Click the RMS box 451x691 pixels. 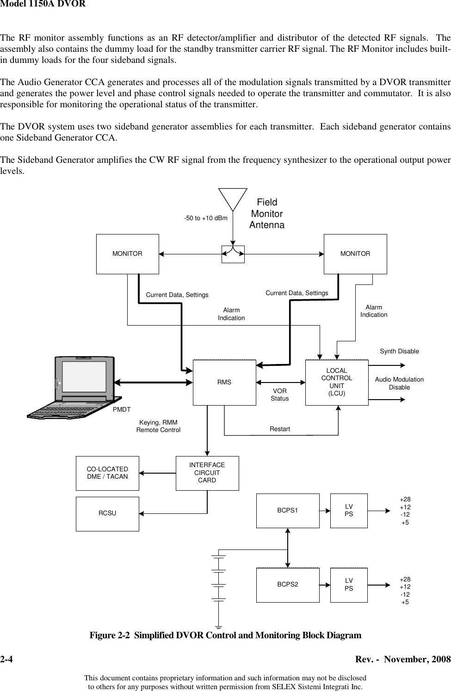point(224,383)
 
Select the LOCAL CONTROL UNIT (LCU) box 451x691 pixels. point(337,383)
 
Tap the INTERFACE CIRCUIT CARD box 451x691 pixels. point(207,473)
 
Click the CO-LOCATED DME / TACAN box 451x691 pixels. point(107,473)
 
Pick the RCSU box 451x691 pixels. point(107,513)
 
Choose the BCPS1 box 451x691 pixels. point(288,511)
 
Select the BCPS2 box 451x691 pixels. point(288,585)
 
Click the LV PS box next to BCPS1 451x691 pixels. point(349,511)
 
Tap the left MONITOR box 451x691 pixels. point(128,254)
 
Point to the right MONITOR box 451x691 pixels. point(355,254)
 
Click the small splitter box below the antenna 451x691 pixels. point(233,254)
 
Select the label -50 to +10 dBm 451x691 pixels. point(206,218)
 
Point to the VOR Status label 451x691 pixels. point(280,395)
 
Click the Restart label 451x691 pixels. point(280,429)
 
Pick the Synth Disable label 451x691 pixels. point(399,352)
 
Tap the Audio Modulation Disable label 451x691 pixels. point(399,383)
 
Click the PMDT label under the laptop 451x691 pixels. point(122,409)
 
